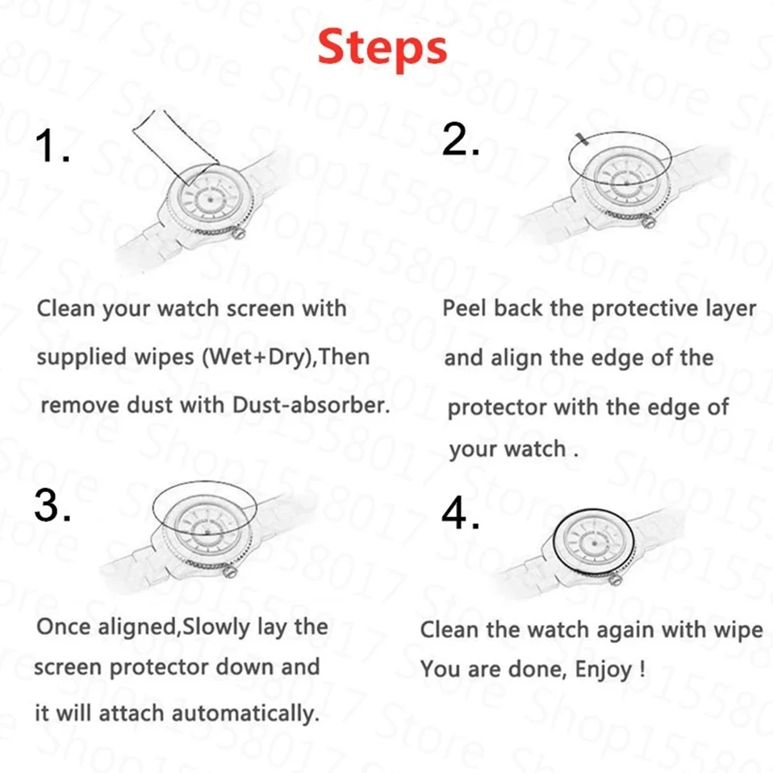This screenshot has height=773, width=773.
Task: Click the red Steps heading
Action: (382, 48)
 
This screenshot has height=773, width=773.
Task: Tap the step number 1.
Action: (52, 145)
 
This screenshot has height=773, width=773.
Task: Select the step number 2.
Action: (461, 139)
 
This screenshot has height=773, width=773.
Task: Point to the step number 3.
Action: (52, 505)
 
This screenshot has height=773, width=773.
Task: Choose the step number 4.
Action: (461, 512)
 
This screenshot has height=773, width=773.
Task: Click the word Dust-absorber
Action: (311, 405)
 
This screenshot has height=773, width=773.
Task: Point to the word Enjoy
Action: (604, 670)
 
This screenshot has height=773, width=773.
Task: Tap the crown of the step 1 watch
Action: (239, 232)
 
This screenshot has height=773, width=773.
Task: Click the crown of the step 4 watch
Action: (615, 579)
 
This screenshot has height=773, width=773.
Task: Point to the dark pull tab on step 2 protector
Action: (582, 139)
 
